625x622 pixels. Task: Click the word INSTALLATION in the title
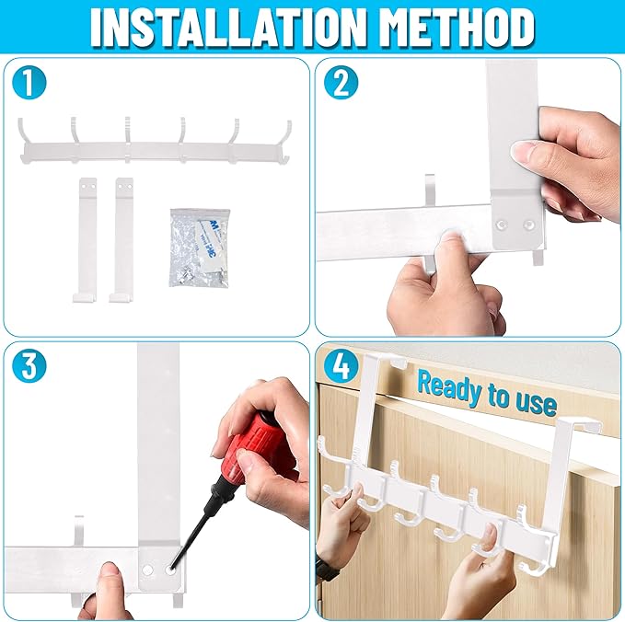coord(227,28)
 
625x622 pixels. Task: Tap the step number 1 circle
coord(29,84)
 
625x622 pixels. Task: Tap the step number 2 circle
coord(341,84)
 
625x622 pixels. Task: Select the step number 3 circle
coord(29,366)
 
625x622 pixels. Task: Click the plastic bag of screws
coord(200,247)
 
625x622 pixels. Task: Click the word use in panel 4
coord(536,402)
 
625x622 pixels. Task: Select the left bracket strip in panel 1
coord(86,240)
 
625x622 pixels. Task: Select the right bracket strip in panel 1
coord(122,240)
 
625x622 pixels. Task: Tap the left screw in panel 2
coord(502,225)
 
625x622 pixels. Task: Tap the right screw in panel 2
coord(528,225)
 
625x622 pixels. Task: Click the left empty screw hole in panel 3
coord(147,570)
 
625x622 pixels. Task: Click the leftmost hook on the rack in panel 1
coord(25,137)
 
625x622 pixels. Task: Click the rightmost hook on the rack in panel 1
coord(285,140)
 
